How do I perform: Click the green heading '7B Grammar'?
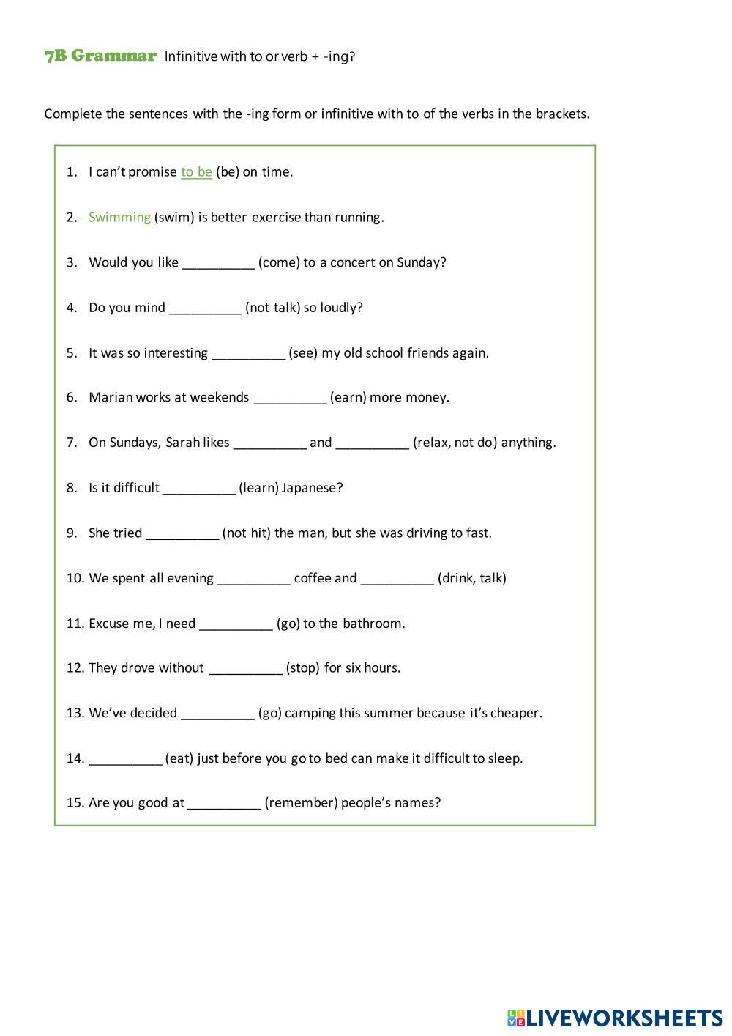click(x=100, y=56)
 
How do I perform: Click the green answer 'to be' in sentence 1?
click(x=196, y=172)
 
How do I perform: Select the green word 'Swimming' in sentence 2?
click(x=119, y=218)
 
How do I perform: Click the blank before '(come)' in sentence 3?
click(x=218, y=263)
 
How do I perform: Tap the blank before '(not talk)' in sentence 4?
click(x=205, y=308)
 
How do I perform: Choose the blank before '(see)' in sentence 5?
click(x=248, y=354)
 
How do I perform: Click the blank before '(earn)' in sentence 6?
click(x=290, y=398)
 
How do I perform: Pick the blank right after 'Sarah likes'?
click(x=269, y=443)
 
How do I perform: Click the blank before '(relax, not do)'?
click(x=372, y=443)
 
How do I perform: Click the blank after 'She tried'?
click(x=182, y=533)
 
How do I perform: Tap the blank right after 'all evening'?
click(x=253, y=579)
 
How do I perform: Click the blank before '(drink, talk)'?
click(x=397, y=579)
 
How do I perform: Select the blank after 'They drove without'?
click(x=245, y=668)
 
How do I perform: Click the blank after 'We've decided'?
click(x=217, y=714)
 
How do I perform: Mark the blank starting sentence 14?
click(x=125, y=759)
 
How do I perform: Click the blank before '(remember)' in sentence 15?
click(x=224, y=803)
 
